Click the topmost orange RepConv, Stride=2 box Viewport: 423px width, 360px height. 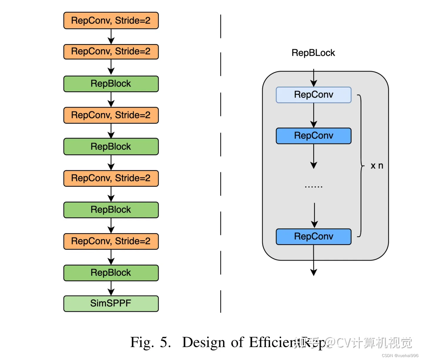coord(111,21)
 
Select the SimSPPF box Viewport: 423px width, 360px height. coord(111,303)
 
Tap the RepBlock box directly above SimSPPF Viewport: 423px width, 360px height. coord(111,273)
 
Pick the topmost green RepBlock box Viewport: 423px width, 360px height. coord(111,84)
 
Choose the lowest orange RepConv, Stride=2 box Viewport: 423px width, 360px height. coord(111,241)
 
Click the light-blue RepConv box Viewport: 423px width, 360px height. coord(313,95)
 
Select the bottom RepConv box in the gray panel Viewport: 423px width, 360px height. coord(313,236)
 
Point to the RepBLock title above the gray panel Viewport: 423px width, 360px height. coord(313,53)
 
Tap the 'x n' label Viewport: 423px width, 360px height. coord(377,166)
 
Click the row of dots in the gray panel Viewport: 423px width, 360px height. coord(313,186)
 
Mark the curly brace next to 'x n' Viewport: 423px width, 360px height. coord(361,166)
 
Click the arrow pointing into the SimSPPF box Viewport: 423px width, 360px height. coord(111,288)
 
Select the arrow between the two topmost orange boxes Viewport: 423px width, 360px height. coord(111,37)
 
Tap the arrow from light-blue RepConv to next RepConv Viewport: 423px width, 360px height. coord(314,115)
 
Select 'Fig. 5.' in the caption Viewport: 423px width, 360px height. coord(150,342)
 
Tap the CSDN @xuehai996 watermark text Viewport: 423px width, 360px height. coord(400,356)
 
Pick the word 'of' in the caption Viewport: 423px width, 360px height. coord(237,342)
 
